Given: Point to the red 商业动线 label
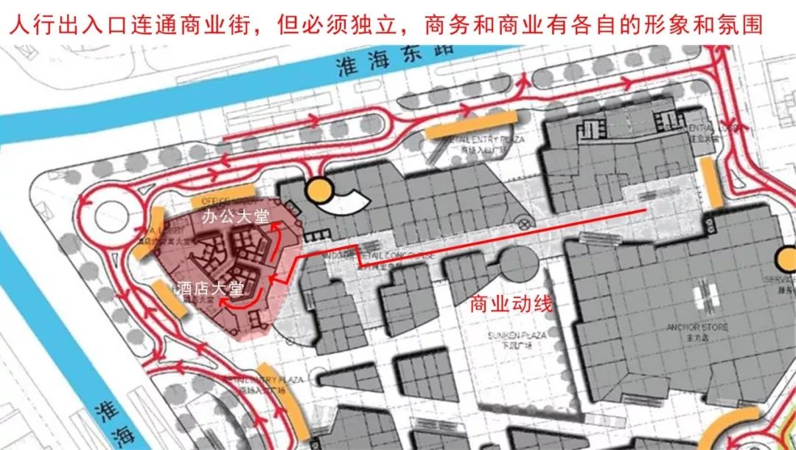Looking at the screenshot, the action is pyautogui.click(x=511, y=304).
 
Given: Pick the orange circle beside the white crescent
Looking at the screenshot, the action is pyautogui.click(x=319, y=191).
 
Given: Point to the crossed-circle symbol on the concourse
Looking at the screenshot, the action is pyautogui.click(x=523, y=223).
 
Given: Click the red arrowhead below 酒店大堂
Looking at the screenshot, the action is pyautogui.click(x=228, y=302).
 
